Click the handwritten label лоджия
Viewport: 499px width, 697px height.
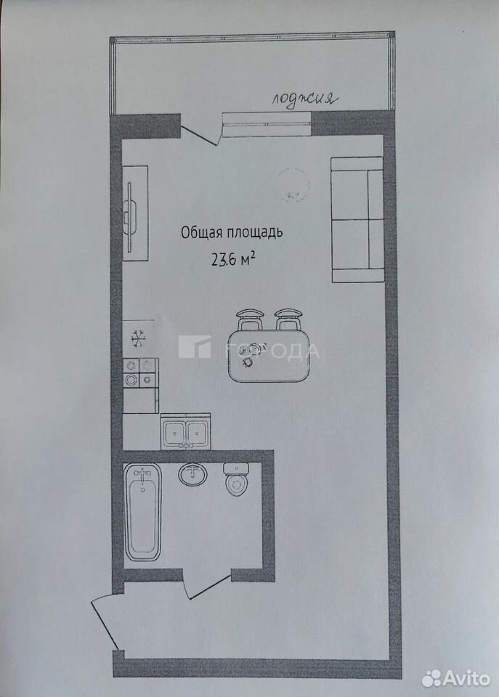tap(304, 99)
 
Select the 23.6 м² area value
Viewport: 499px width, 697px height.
tap(232, 258)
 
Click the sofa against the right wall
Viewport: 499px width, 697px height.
tap(357, 219)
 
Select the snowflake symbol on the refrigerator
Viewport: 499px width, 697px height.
tap(138, 338)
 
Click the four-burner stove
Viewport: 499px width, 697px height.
tap(140, 372)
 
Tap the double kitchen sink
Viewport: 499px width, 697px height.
tap(185, 431)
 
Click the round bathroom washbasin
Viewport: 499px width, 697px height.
tap(192, 474)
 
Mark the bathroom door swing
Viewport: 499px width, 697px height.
tap(207, 586)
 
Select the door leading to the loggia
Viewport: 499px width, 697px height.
tap(200, 134)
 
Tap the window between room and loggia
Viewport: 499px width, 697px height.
tap(267, 124)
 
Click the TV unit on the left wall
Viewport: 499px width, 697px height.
tap(135, 213)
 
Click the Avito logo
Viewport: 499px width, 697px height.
tap(456, 678)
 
